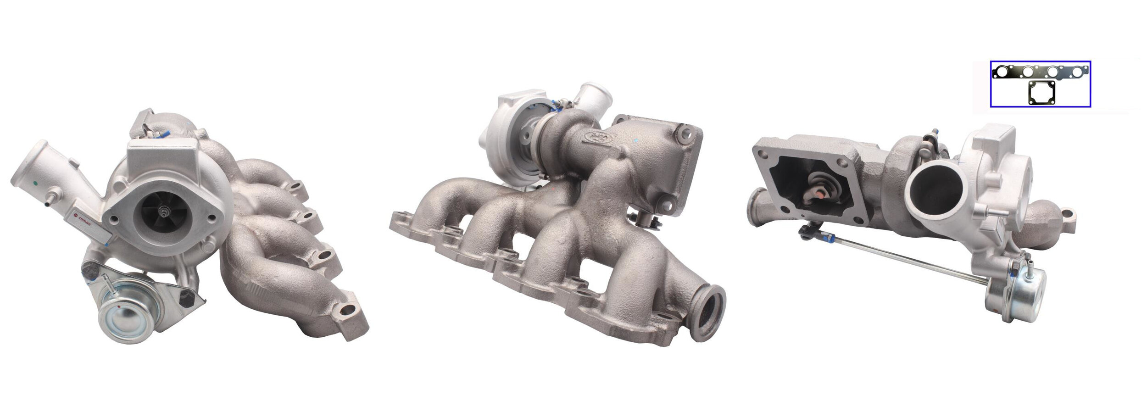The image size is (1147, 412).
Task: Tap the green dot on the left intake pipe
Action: [36, 184]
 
